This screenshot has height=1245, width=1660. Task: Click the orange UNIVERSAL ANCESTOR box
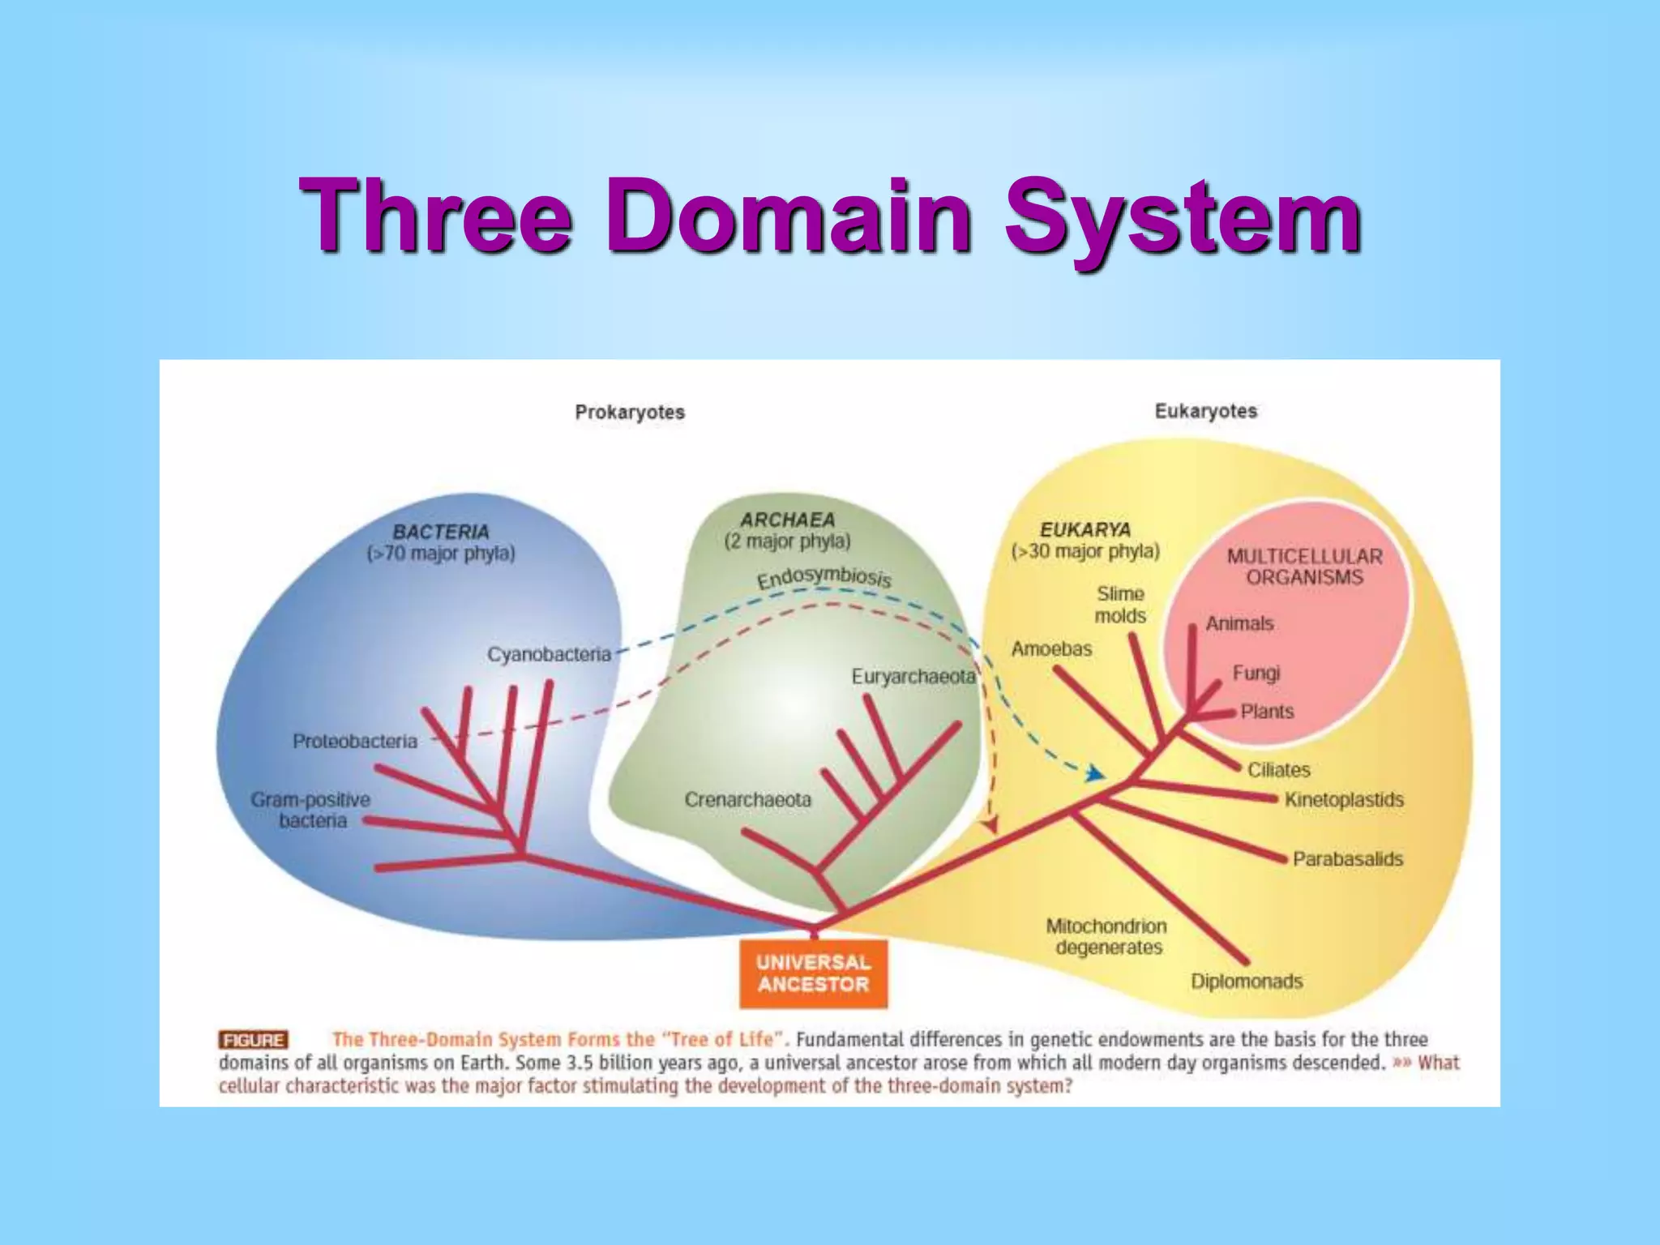[x=813, y=973]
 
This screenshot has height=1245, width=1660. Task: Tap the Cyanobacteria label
[x=549, y=654]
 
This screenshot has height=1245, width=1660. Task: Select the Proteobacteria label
[x=355, y=741]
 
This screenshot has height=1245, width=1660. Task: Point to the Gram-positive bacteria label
[x=310, y=810]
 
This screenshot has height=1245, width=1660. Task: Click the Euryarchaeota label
[x=913, y=676]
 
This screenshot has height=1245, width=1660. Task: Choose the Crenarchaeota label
[x=747, y=799]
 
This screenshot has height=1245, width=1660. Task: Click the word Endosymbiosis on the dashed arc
[x=824, y=577]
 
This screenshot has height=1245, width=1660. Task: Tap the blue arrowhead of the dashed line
[x=1095, y=774]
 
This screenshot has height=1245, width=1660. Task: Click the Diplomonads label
[x=1246, y=981]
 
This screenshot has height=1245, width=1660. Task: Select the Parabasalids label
[x=1347, y=858]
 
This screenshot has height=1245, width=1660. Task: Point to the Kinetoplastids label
[x=1343, y=799]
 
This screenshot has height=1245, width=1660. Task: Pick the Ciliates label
[x=1278, y=769]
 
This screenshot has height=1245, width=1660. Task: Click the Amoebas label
[x=1051, y=648]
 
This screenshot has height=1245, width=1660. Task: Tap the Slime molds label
[x=1120, y=605]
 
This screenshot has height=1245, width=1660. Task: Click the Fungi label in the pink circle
[x=1256, y=673]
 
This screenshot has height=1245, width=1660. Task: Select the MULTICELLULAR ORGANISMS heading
[x=1304, y=567]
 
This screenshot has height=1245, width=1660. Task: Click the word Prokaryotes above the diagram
[x=630, y=412]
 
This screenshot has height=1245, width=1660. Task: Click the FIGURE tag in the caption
[x=253, y=1040]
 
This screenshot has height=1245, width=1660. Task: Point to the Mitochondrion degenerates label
[x=1106, y=936]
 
